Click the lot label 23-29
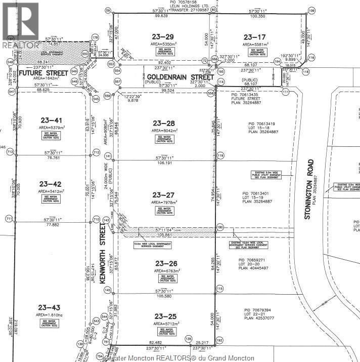163,36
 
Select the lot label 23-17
254,36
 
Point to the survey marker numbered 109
311,11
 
